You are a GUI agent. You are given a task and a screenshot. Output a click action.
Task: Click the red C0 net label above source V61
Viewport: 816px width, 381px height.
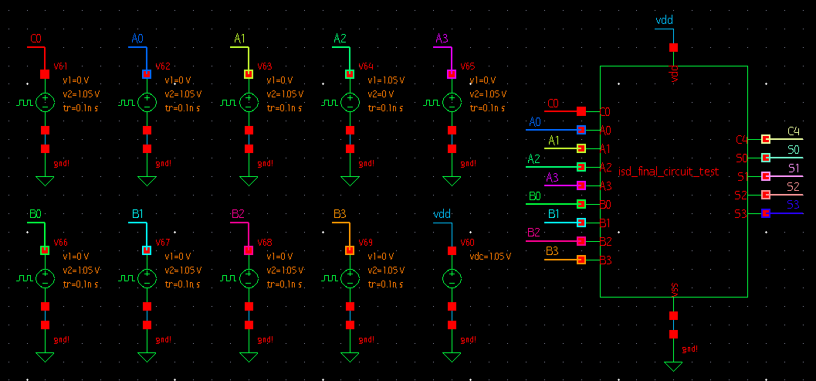[36, 39]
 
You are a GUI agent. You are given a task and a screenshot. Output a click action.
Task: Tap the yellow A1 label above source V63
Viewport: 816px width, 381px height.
[239, 39]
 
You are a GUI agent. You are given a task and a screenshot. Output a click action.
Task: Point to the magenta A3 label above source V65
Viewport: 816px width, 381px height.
[442, 39]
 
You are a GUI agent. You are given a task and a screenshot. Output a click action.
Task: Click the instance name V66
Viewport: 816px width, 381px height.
[60, 243]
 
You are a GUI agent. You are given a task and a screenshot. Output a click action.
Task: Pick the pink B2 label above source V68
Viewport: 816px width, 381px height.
[238, 214]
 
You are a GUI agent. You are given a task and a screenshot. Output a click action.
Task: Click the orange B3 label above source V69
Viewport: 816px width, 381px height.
[340, 214]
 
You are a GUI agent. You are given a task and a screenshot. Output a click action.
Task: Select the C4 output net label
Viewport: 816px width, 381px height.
[793, 131]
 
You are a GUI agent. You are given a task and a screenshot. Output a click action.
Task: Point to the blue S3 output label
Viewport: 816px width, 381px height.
[793, 205]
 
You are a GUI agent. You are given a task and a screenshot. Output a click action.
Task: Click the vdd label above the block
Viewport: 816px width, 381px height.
[664, 20]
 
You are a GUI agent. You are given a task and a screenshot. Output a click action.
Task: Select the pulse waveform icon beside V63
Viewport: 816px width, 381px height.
[229, 102]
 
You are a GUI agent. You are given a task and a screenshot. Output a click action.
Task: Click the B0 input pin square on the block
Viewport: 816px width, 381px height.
[581, 204]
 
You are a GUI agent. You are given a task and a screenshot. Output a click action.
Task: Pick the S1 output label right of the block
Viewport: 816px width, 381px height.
[793, 168]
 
